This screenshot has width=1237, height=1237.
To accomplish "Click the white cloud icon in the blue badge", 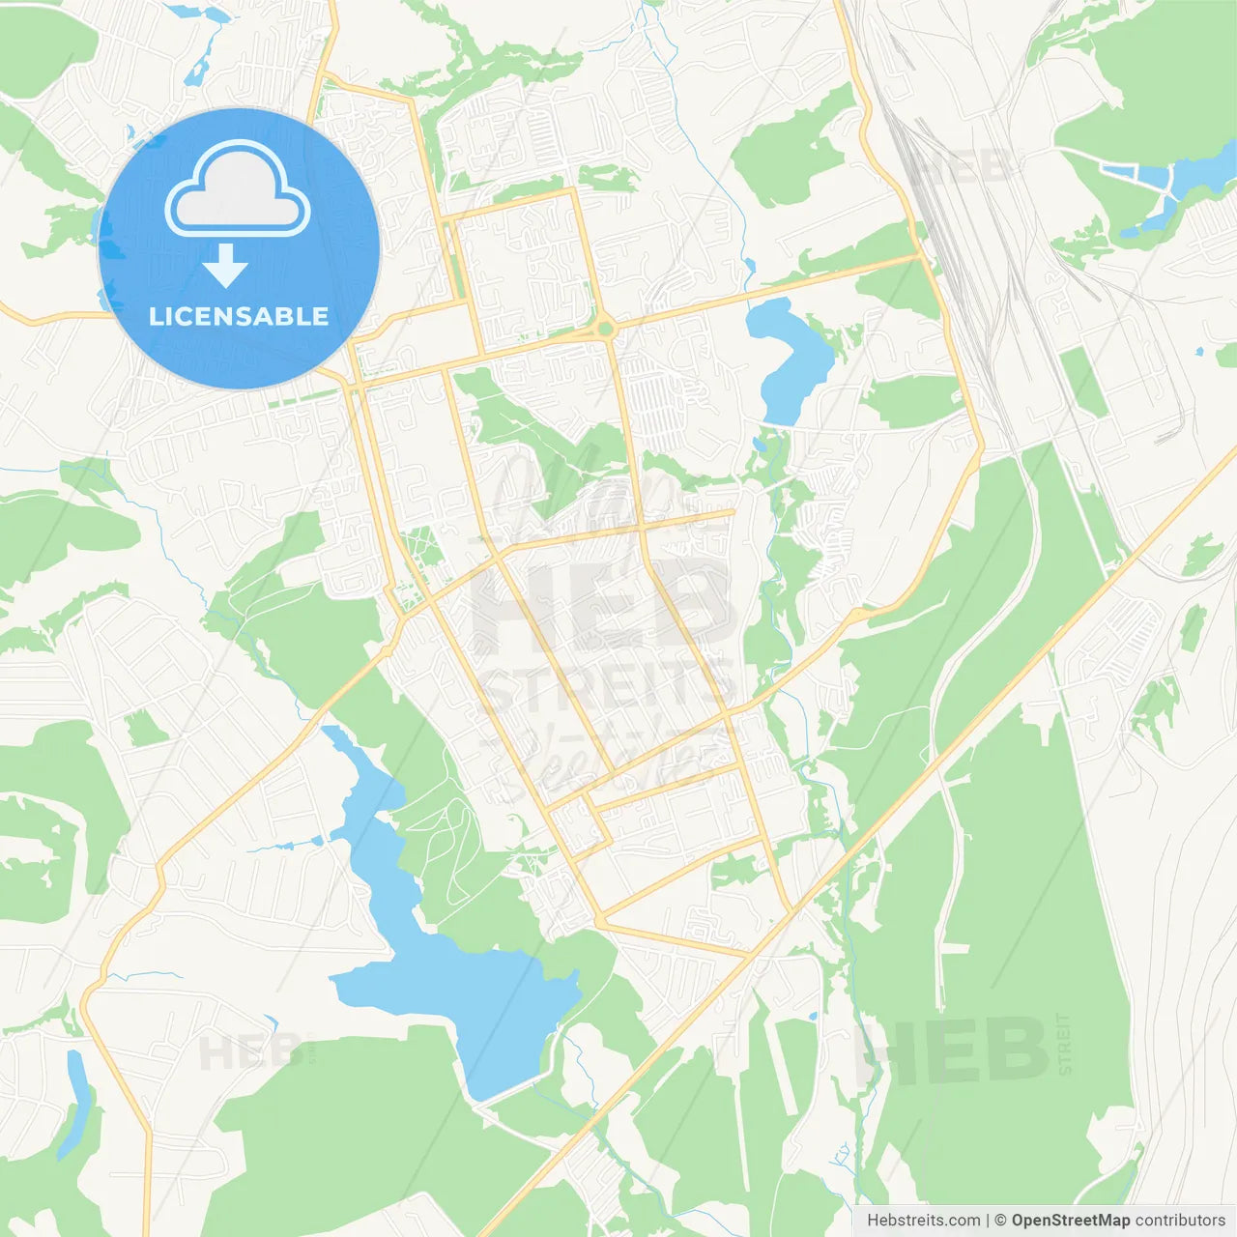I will pos(238,189).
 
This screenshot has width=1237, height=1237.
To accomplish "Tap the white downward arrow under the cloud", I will pos(226,266).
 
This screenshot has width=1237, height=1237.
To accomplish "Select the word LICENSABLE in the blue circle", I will pos(239,316).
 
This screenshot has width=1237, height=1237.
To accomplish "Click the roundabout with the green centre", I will pos(605,330).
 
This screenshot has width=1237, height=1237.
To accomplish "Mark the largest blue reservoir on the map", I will pos(454,976).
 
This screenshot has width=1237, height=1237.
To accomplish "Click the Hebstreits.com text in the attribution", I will pos(923,1221).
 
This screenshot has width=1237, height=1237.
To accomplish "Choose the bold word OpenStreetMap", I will pos(1071,1221).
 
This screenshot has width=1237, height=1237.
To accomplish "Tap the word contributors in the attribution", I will pos(1180,1221).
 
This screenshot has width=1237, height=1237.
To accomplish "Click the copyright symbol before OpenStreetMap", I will pos(1000,1221).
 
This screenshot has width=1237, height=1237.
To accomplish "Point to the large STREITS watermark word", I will pos(607,688).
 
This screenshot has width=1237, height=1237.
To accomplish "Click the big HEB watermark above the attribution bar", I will pos(952,1051).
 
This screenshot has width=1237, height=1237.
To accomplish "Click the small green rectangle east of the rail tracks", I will pos(1082,383).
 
